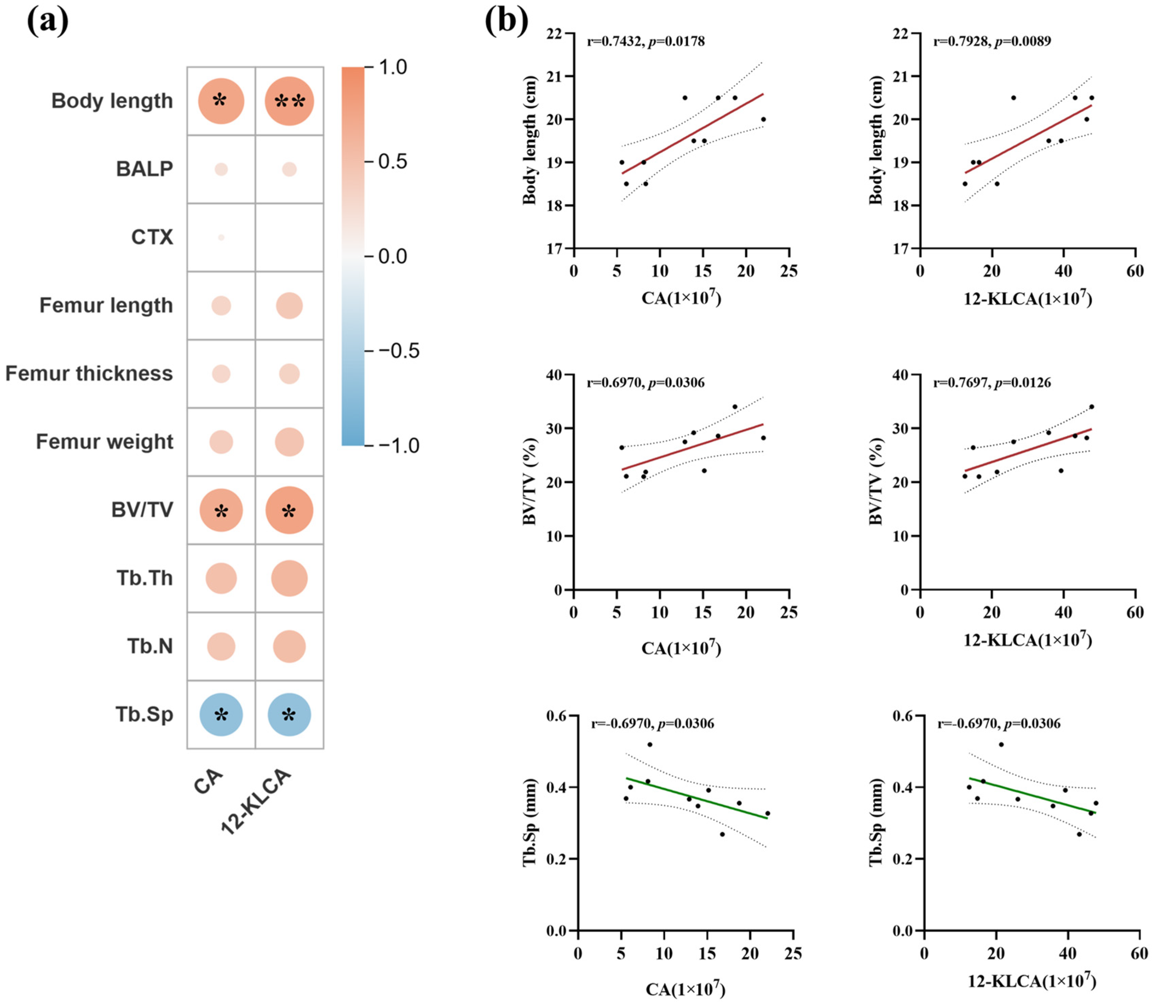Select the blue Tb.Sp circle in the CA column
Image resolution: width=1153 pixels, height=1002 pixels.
[x=221, y=715]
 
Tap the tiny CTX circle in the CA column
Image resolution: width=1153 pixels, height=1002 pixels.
[x=221, y=238]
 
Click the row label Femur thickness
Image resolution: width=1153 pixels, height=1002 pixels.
[x=89, y=373]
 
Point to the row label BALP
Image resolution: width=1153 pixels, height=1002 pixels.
[x=144, y=169]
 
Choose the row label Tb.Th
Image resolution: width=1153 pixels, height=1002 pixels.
[x=145, y=578]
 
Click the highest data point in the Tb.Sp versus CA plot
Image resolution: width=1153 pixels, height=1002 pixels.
[x=650, y=744]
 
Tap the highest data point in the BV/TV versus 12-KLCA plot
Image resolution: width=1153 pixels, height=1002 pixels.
[x=1091, y=407]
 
